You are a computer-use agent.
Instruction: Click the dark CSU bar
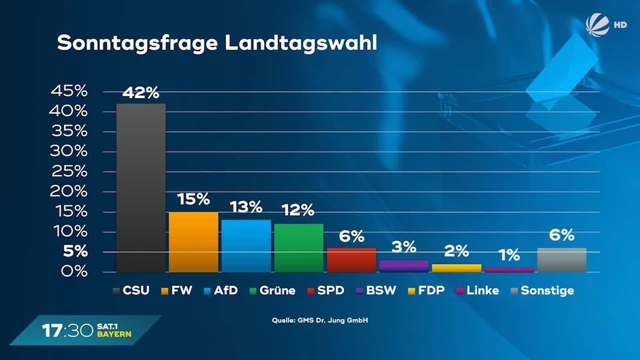point(141,187)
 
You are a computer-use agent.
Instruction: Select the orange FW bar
point(193,242)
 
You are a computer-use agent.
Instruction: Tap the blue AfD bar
point(246,246)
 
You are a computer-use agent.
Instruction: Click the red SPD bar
point(351,259)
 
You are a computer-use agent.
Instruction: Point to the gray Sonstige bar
point(561,259)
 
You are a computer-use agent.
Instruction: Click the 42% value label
point(141,93)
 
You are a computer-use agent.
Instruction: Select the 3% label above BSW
point(403,246)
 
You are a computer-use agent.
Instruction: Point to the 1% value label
point(509,256)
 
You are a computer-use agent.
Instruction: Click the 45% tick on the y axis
point(69,91)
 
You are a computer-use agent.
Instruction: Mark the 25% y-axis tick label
point(69,171)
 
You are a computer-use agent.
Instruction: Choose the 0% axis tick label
point(74,272)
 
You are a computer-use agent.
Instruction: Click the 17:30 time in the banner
point(63,331)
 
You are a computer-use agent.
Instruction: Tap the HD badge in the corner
point(620,24)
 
